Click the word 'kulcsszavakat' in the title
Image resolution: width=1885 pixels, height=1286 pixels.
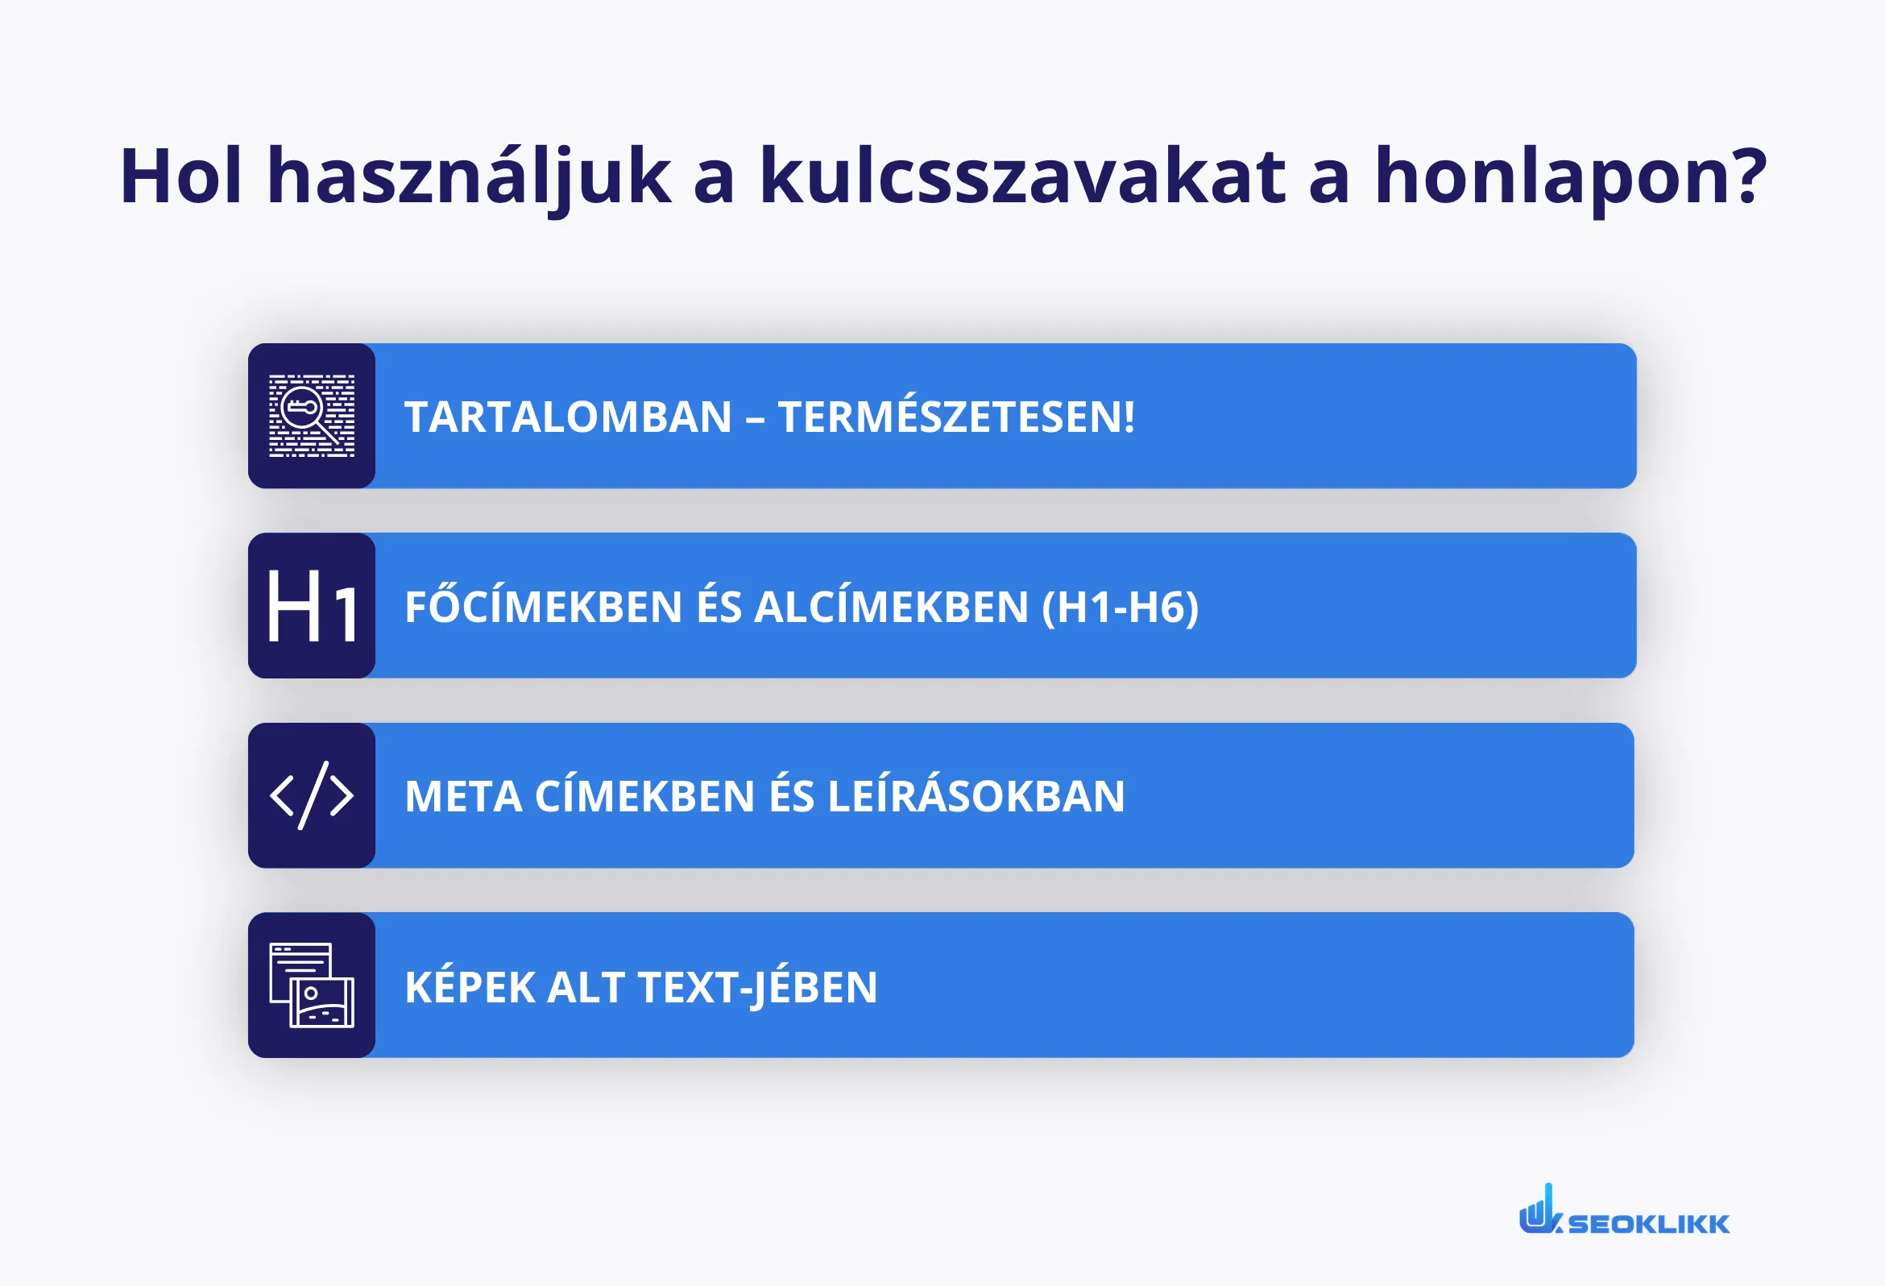1021,175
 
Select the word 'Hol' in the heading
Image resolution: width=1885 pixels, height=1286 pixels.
180,175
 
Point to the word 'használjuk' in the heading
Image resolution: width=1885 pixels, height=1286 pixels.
468,175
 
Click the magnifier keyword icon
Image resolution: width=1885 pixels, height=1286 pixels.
312,416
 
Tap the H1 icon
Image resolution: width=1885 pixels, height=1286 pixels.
312,605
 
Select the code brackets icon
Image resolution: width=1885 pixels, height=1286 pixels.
312,795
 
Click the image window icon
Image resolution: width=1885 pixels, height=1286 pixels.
312,985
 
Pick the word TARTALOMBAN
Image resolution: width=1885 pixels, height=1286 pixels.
568,417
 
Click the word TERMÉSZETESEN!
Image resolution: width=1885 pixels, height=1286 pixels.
955,417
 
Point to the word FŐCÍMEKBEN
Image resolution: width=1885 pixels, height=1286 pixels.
544,607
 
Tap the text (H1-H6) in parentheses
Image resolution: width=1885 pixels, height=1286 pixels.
1121,607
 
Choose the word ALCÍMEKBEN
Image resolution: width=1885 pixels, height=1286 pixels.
892,607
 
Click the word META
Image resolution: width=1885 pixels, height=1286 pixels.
463,797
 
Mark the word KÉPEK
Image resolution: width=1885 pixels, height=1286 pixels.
470,987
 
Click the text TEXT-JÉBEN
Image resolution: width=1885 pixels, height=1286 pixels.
757,987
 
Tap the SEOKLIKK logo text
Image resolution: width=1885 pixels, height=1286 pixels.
1648,1223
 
